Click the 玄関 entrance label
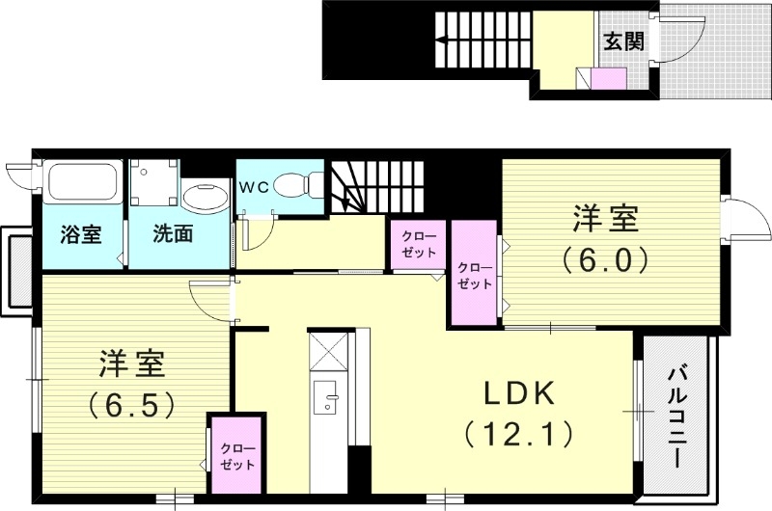[623, 41]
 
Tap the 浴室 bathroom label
[81, 233]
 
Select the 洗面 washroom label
[174, 233]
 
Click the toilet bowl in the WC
[295, 183]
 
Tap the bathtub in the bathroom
[83, 182]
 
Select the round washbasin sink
[204, 200]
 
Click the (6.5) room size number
[131, 404]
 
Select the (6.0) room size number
[606, 259]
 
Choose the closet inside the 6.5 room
[235, 456]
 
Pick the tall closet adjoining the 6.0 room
[474, 275]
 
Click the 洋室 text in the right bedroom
[606, 219]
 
